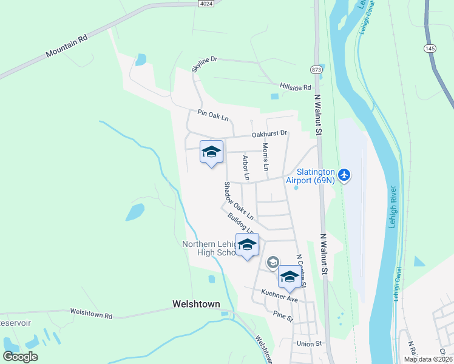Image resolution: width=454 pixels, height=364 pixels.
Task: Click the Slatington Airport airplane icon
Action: [345, 175]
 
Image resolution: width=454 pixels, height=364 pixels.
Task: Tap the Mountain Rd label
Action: [67, 47]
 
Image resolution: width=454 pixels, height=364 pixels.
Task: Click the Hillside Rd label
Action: [295, 87]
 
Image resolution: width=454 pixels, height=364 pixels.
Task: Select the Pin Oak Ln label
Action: [212, 115]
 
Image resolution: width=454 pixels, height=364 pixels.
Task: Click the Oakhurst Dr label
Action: [269, 134]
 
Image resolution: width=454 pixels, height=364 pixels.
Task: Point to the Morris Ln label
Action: [265, 156]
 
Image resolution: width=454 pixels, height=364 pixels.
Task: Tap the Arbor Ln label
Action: [246, 168]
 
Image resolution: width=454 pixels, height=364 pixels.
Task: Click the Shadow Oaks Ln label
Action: [239, 200]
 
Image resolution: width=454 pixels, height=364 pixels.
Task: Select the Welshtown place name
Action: [195, 304]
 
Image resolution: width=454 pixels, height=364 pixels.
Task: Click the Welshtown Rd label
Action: [92, 314]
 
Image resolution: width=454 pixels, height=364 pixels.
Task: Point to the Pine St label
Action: [283, 316]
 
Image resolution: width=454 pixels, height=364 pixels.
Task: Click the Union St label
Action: [308, 344]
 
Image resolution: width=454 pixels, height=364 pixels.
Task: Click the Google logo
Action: [21, 357]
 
